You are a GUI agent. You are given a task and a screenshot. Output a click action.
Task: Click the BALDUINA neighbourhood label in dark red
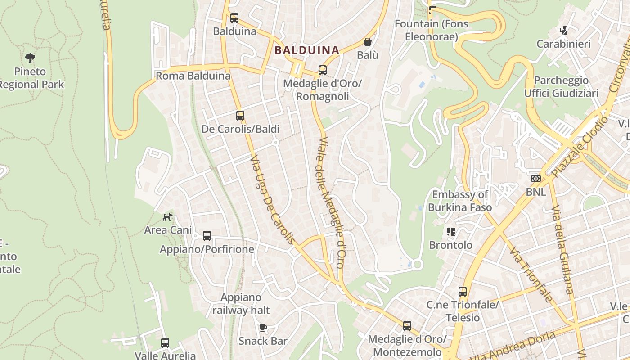pyautogui.click(x=306, y=50)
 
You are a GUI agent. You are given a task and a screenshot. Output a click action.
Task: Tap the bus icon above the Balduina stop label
pyautogui.click(x=234, y=18)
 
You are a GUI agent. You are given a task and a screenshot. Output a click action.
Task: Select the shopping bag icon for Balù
pyautogui.click(x=368, y=42)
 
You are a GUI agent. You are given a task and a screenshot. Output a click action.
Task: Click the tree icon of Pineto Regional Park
pyautogui.click(x=30, y=58)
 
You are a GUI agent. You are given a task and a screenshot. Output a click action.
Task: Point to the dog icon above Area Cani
pyautogui.click(x=168, y=217)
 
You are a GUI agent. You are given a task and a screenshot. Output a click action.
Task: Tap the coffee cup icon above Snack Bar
pyautogui.click(x=263, y=328)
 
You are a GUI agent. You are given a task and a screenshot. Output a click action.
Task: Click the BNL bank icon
pyautogui.click(x=535, y=179)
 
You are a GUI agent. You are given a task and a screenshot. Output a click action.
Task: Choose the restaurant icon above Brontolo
pyautogui.click(x=451, y=232)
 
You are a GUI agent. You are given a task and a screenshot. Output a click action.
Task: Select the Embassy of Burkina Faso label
pyautogui.click(x=459, y=201)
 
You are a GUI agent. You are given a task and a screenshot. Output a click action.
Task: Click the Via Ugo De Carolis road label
pyautogui.click(x=273, y=200)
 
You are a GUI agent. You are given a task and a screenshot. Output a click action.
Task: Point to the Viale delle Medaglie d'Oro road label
pyautogui.click(x=331, y=202)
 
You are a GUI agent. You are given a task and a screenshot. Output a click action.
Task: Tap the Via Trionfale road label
pyautogui.click(x=531, y=274)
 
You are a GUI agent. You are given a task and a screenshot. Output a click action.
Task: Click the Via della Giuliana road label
pyautogui.click(x=562, y=250)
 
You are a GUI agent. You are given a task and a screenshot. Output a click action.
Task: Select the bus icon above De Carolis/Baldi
pyautogui.click(x=240, y=116)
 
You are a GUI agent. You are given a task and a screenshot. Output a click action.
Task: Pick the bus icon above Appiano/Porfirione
pyautogui.click(x=207, y=236)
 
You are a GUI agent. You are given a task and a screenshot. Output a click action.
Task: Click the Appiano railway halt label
pyautogui.click(x=241, y=304)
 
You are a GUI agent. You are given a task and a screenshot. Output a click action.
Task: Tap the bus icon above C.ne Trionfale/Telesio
pyautogui.click(x=463, y=292)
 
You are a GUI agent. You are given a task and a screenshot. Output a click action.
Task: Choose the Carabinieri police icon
pyautogui.click(x=563, y=31)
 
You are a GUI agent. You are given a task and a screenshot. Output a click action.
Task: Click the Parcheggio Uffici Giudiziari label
pyautogui.click(x=561, y=87)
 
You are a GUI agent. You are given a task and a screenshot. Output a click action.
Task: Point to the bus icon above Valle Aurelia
pyautogui.click(x=165, y=343)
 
